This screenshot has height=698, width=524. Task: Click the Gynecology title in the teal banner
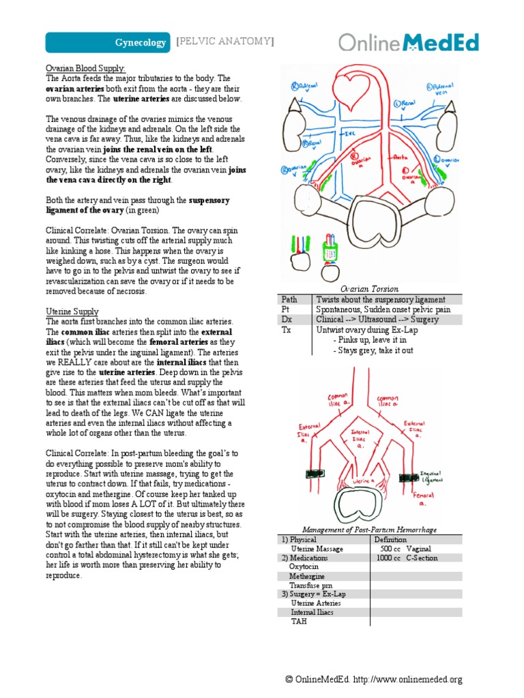(x=140, y=43)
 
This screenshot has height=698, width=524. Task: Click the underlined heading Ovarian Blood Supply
(x=85, y=69)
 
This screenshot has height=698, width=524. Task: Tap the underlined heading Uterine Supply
(x=72, y=311)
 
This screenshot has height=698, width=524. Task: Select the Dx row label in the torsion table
(x=287, y=319)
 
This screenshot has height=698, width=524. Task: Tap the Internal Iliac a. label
(x=362, y=440)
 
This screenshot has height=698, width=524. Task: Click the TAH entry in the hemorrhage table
(x=299, y=622)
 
